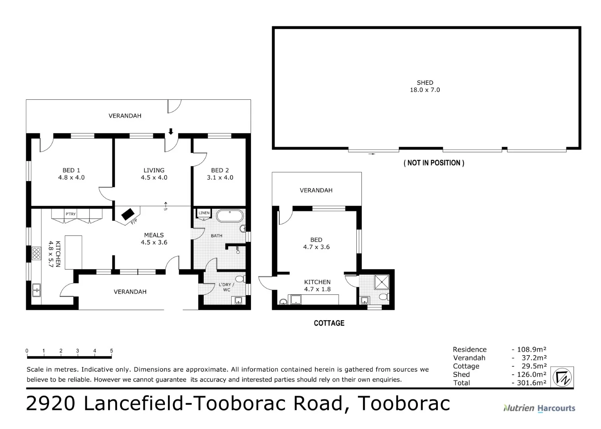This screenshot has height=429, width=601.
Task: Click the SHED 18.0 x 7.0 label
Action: [425, 86]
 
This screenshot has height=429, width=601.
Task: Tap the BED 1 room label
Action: [71, 174]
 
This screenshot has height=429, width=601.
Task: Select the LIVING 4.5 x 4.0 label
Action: [154, 174]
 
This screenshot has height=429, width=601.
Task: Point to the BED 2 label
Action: [220, 174]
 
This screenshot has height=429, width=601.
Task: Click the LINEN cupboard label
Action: [204, 213]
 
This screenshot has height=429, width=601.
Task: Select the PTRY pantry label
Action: [71, 214]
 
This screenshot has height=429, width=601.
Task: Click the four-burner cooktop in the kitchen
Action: [36, 253]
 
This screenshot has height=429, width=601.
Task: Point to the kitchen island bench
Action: [73, 252]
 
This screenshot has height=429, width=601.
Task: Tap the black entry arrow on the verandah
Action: [171, 131]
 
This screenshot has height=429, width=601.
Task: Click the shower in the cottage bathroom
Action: [382, 282]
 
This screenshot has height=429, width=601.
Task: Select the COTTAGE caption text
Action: [329, 323]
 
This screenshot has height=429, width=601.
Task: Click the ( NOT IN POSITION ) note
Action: [434, 163]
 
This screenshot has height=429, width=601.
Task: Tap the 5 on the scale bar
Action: [112, 351]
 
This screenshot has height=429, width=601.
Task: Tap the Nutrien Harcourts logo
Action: [539, 408]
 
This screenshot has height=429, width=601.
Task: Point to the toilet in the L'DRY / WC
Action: [240, 279]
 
